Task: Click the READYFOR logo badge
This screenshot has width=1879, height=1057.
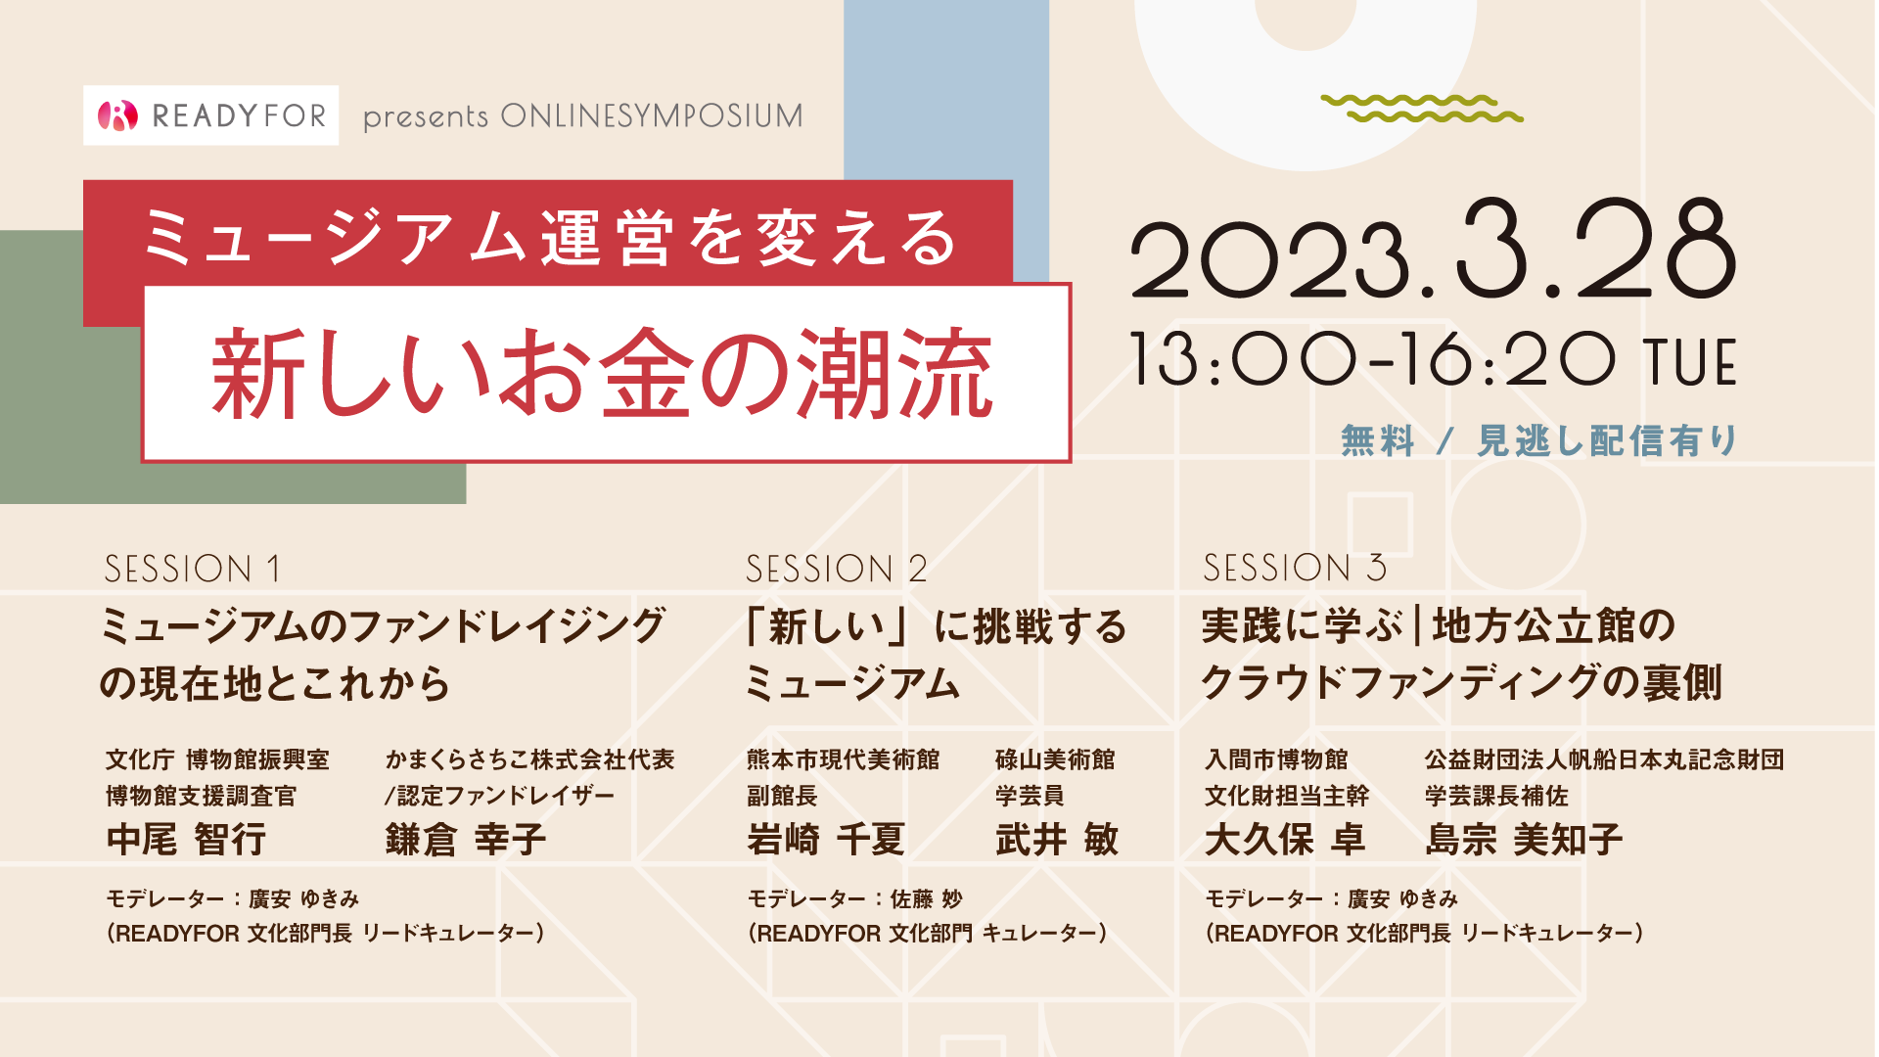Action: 211,115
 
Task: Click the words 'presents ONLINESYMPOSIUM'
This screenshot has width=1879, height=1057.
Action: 583,116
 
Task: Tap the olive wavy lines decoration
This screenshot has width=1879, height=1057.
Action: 1421,109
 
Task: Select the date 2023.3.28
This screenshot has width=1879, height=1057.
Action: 1434,250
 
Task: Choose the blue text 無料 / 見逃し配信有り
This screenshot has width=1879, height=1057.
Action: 1539,441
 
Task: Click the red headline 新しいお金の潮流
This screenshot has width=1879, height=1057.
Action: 603,374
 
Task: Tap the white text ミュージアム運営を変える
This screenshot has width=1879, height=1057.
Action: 549,238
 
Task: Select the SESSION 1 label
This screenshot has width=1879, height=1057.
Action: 193,569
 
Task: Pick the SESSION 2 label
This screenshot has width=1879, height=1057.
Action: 836,569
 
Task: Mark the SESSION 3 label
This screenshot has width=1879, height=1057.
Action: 1295,568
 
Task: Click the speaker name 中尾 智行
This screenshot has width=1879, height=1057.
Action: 186,840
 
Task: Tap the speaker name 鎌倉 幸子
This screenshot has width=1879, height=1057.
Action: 466,840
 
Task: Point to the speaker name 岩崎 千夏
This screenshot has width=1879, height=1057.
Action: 826,840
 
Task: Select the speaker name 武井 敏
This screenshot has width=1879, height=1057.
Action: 1057,840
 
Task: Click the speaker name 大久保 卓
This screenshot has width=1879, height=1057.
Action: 1285,840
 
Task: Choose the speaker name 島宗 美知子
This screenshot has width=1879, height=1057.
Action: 1524,840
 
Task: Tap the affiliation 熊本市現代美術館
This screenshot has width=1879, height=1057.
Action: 843,759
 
